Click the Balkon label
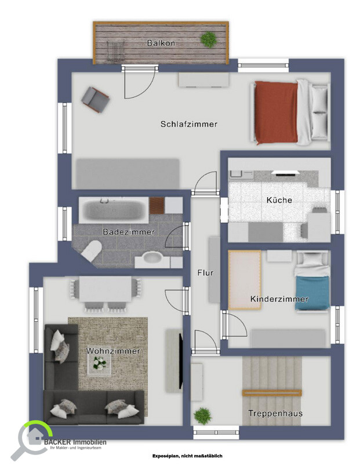161,43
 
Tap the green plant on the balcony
209,39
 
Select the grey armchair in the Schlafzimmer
95,100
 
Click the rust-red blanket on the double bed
276,112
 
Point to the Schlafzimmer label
189,124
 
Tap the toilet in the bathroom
91,250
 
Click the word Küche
279,200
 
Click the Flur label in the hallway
205,272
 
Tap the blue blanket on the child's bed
312,293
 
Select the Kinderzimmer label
279,299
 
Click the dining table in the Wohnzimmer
106,289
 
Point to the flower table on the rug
99,364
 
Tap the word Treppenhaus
275,413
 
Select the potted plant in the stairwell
202,416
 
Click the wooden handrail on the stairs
272,393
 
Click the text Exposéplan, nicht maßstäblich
187,456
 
